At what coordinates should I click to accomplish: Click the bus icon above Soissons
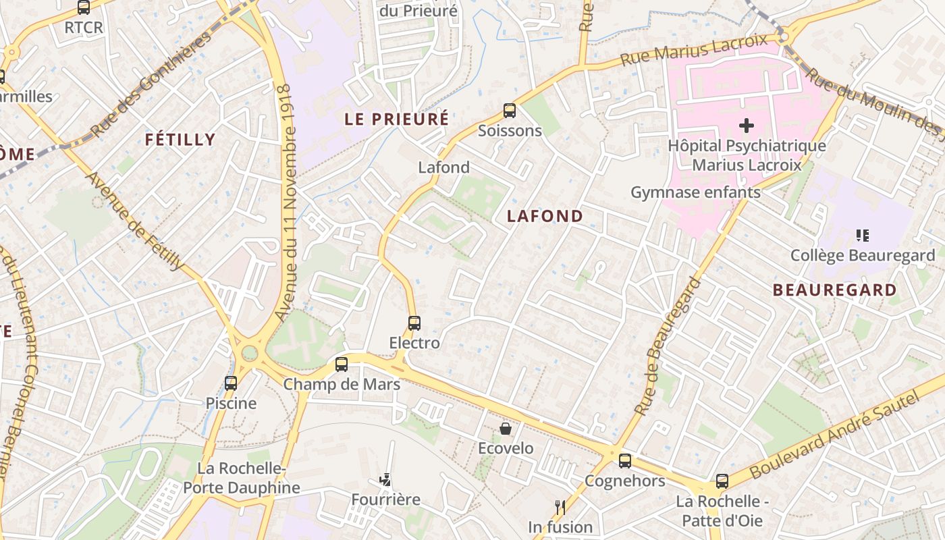510,111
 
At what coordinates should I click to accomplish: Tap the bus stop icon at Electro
414,323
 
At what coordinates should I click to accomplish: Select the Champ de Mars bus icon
342,364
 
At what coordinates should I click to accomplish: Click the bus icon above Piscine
231,383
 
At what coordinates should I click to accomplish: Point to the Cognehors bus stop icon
625,461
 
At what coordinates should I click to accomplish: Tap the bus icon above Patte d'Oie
722,481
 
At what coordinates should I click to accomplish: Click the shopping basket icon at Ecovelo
506,429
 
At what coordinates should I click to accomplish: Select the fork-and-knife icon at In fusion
560,507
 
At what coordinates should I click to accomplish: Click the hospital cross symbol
747,126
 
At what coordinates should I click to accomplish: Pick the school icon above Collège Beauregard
862,236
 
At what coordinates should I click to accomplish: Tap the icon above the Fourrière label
385,480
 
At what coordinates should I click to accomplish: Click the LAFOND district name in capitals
545,216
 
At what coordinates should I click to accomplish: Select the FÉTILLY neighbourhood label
180,140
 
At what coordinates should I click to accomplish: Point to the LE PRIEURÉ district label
396,119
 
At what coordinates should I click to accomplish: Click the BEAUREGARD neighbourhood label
834,290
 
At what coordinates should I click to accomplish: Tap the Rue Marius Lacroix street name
693,49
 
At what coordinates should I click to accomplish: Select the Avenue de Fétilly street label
135,221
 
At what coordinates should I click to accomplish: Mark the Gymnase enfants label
695,192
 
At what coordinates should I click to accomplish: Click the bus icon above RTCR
84,8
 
